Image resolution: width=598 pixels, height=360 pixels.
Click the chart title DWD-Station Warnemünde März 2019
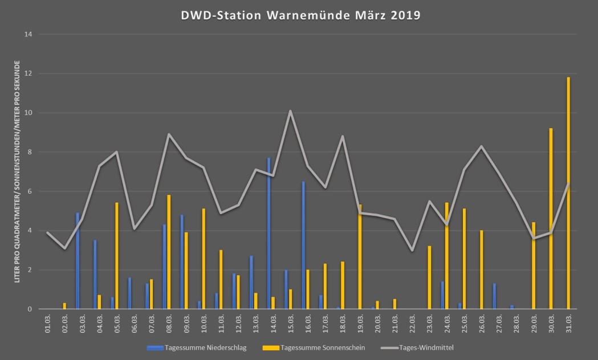[x=299, y=15]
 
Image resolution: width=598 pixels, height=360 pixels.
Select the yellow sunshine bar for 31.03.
[x=568, y=194]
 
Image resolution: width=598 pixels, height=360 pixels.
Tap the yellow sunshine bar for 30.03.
[x=551, y=219]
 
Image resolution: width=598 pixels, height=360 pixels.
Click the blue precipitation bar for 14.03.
[x=269, y=234]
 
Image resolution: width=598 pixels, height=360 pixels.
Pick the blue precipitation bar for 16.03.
[x=303, y=245]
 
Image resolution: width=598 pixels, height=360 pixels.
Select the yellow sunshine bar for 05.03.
[x=117, y=256]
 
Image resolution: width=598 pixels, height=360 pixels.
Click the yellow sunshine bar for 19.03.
[x=360, y=257]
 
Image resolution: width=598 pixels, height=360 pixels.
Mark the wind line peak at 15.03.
[x=290, y=111]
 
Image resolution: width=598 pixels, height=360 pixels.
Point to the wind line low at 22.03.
[x=412, y=251]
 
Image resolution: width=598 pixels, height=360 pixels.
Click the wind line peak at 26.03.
[x=481, y=146]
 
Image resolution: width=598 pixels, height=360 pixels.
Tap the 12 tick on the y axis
[x=29, y=73]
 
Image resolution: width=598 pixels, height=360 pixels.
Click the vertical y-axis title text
[x=17, y=171]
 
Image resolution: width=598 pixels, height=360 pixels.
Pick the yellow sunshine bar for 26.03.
[x=481, y=269]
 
